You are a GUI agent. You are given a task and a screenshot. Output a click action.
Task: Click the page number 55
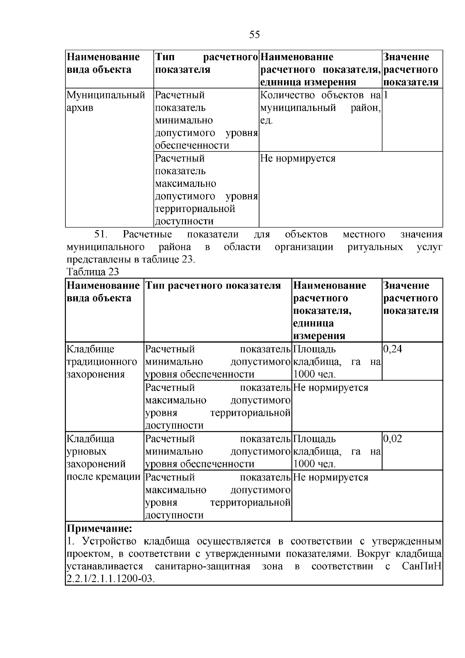pos(254,35)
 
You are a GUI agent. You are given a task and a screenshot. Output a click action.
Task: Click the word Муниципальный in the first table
pos(106,95)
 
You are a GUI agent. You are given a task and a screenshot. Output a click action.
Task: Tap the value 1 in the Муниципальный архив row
pos(386,95)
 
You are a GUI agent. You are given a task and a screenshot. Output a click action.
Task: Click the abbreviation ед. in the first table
pos(267,121)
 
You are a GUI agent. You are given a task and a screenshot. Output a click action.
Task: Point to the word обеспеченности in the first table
pos(192,146)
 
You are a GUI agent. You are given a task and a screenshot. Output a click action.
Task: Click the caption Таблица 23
pos(93,272)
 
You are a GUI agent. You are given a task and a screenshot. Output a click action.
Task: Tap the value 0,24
pos(393,349)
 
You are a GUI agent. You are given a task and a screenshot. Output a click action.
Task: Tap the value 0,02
pos(393,439)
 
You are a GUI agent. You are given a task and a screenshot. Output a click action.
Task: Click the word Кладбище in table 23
pos(91,349)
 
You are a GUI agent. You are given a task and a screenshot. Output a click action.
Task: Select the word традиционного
pos(102,362)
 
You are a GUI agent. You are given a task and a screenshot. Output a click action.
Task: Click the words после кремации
pos(103,477)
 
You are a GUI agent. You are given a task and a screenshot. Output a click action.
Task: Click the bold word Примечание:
pos(100,529)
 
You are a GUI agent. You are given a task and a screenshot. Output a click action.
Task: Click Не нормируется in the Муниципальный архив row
pos(298,158)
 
